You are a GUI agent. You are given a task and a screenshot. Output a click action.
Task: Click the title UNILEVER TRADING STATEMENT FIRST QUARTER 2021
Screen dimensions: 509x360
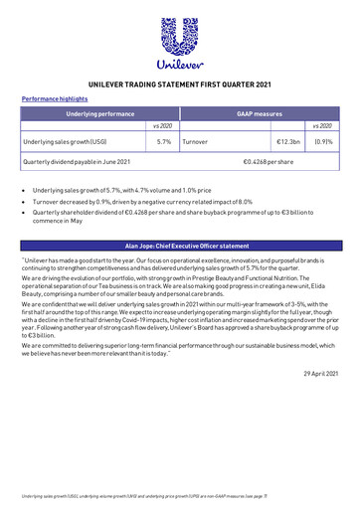[179, 86]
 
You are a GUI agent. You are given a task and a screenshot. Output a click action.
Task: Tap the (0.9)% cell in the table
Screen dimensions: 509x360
[323, 143]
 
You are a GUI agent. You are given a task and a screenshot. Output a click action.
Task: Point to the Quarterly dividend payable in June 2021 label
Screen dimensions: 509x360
[71, 161]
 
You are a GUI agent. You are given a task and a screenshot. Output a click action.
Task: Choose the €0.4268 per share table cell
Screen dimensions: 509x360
[269, 161]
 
